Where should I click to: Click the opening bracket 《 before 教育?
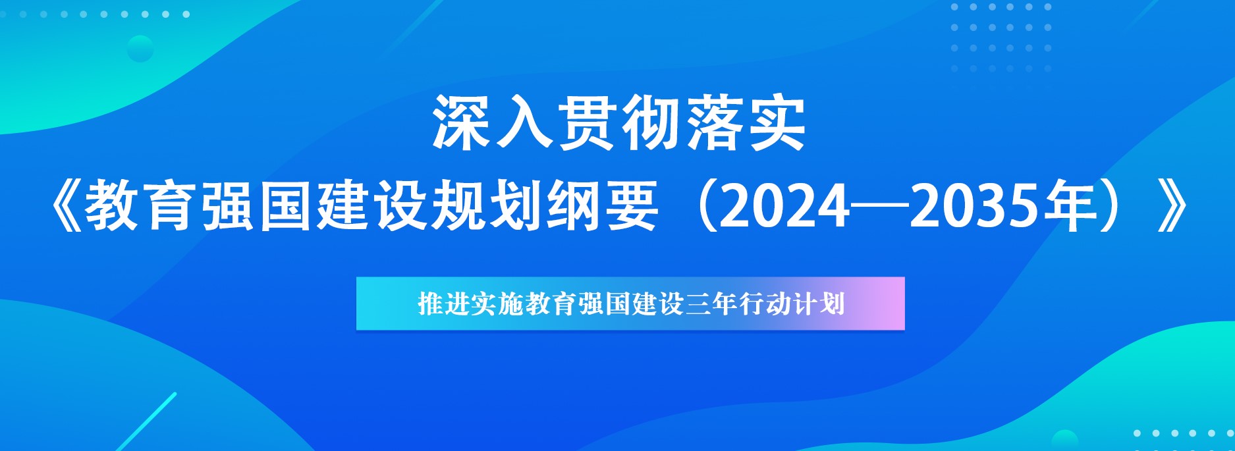[65, 207]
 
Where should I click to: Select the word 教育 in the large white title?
[141, 207]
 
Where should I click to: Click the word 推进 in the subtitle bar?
[444, 304]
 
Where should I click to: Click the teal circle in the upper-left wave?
[140, 49]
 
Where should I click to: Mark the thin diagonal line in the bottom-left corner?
[146, 422]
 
